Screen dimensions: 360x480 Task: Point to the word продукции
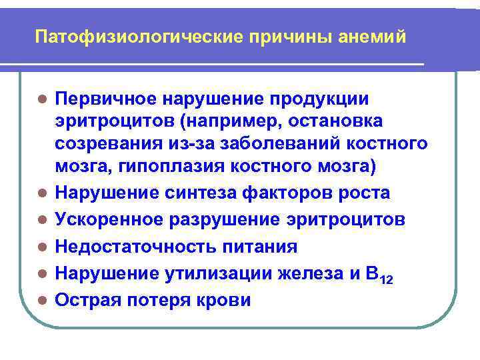coord(319,99)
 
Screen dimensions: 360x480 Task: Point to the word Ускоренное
coord(108,220)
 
